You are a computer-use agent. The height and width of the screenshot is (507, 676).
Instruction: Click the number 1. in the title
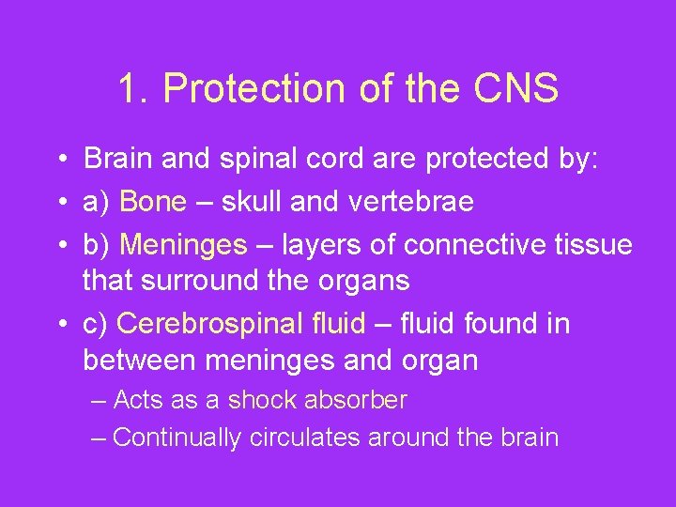tap(134, 89)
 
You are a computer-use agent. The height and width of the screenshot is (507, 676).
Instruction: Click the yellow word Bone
tap(154, 201)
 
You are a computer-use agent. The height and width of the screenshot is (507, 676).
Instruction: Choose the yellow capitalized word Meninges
tap(184, 245)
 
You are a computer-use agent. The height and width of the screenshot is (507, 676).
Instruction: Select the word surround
tap(212, 280)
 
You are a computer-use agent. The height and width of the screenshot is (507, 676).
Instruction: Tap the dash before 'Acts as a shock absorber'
tap(100, 401)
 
